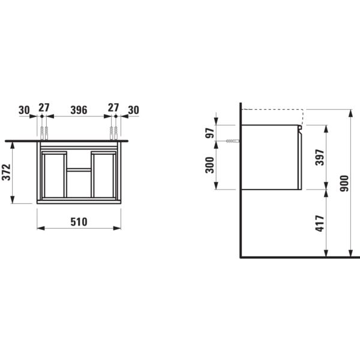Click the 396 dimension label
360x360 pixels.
79,110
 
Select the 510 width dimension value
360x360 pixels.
79,221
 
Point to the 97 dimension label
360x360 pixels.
210,133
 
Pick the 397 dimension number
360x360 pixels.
319,158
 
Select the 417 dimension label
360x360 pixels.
319,224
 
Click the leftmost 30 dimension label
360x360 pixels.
24,110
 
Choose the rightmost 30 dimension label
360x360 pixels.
133,110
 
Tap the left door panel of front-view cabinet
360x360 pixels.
53,175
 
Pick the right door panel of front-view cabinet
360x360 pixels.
104,175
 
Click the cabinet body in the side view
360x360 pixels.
270,157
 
